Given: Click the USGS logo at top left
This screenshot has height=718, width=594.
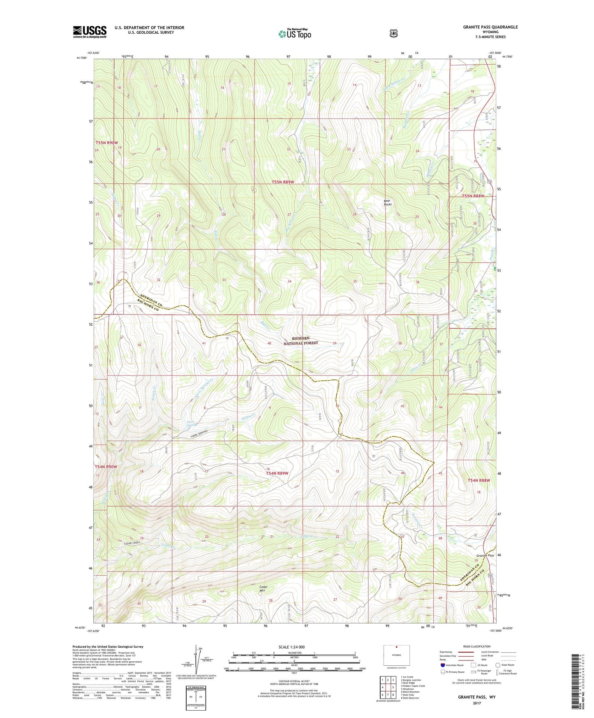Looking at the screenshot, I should pyautogui.click(x=90, y=32).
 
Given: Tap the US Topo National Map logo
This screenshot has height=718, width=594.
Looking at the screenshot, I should pyautogui.click(x=294, y=34).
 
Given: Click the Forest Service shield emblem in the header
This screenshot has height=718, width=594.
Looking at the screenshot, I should pyautogui.click(x=393, y=33).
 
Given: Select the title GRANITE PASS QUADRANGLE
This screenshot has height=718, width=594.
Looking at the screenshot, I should pyautogui.click(x=490, y=27).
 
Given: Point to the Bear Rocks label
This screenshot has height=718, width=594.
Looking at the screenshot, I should pyautogui.click(x=388, y=203).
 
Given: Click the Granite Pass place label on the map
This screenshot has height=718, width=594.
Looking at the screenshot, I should pyautogui.click(x=483, y=555).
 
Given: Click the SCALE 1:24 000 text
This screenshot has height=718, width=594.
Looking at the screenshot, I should pyautogui.click(x=291, y=647).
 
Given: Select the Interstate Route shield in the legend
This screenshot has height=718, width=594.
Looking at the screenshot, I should pyautogui.click(x=443, y=665).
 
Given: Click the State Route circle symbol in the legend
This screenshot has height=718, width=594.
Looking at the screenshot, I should pyautogui.click(x=498, y=665).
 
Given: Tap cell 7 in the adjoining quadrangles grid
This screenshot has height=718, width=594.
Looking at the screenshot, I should pyautogui.click(x=388, y=695).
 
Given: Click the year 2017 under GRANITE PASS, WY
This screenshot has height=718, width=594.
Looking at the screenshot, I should pyautogui.click(x=476, y=703).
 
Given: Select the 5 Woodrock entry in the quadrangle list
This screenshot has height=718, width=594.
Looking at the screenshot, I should pyautogui.click(x=408, y=689).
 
